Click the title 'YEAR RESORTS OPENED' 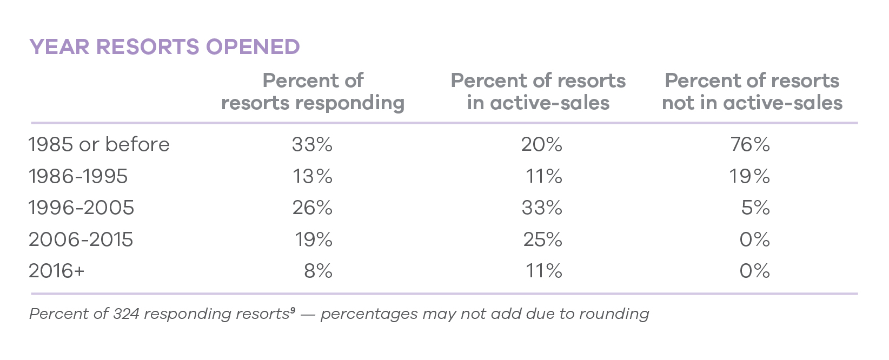[164, 47]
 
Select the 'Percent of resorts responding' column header [313, 91]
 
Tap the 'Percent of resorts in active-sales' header [538, 91]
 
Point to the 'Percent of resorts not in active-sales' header [752, 91]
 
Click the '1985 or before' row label [99, 144]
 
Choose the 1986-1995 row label [78, 176]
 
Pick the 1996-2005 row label [81, 208]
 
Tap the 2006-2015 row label [81, 239]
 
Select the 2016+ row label [57, 271]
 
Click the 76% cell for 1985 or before [750, 144]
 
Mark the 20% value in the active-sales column [541, 144]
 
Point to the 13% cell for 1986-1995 [313, 176]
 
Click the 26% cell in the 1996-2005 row [313, 208]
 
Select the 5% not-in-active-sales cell [755, 208]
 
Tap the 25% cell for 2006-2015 [542, 239]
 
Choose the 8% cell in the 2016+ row [318, 271]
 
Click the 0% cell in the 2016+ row [754, 271]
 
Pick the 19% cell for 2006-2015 [314, 239]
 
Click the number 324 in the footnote [126, 314]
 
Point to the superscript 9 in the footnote [293, 310]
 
